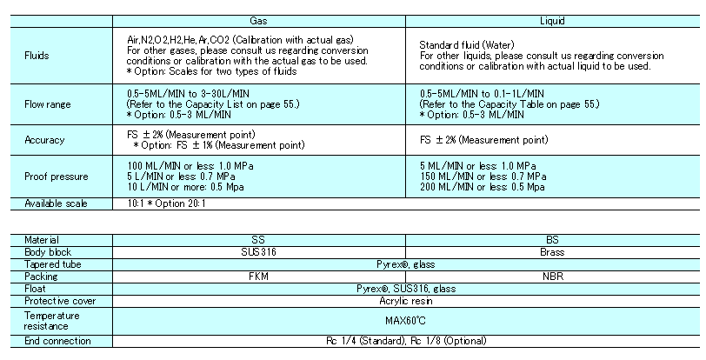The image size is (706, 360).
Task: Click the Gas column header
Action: click(x=258, y=21)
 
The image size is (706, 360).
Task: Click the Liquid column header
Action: click(x=552, y=21)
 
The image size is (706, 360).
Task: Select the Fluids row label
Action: click(x=37, y=56)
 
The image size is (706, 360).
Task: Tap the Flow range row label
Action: click(x=47, y=104)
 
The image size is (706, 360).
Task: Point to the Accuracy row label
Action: click(x=44, y=140)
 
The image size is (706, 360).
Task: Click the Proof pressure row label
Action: click(x=56, y=177)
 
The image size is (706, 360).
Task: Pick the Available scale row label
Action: click(x=56, y=203)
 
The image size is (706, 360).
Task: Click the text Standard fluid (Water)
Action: click(x=466, y=45)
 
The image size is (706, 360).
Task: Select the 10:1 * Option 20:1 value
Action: click(x=166, y=203)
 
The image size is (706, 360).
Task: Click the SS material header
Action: click(x=258, y=240)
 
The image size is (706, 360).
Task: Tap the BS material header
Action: click(x=552, y=240)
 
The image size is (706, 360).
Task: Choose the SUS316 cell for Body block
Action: click(x=258, y=252)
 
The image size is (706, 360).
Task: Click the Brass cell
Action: click(x=552, y=252)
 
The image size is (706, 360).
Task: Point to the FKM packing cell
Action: click(x=258, y=277)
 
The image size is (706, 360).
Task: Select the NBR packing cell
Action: click(x=553, y=277)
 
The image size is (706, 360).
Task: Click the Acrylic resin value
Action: click(x=406, y=301)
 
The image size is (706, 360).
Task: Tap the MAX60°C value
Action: click(x=405, y=321)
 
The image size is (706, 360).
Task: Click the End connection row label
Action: click(x=57, y=341)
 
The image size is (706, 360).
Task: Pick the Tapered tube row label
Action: click(x=53, y=264)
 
